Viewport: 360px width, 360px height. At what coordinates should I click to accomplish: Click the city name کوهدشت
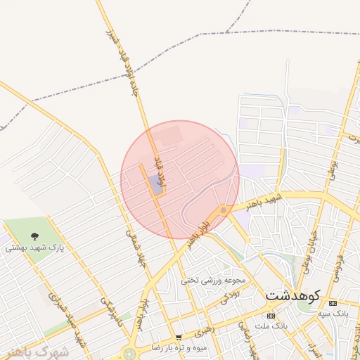[x=293, y=296]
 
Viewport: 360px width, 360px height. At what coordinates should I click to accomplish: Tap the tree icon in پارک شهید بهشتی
[x=35, y=236]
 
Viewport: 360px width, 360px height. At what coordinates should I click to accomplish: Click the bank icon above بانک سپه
[x=333, y=302]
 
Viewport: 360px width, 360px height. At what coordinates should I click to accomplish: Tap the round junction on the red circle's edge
[x=223, y=210]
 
